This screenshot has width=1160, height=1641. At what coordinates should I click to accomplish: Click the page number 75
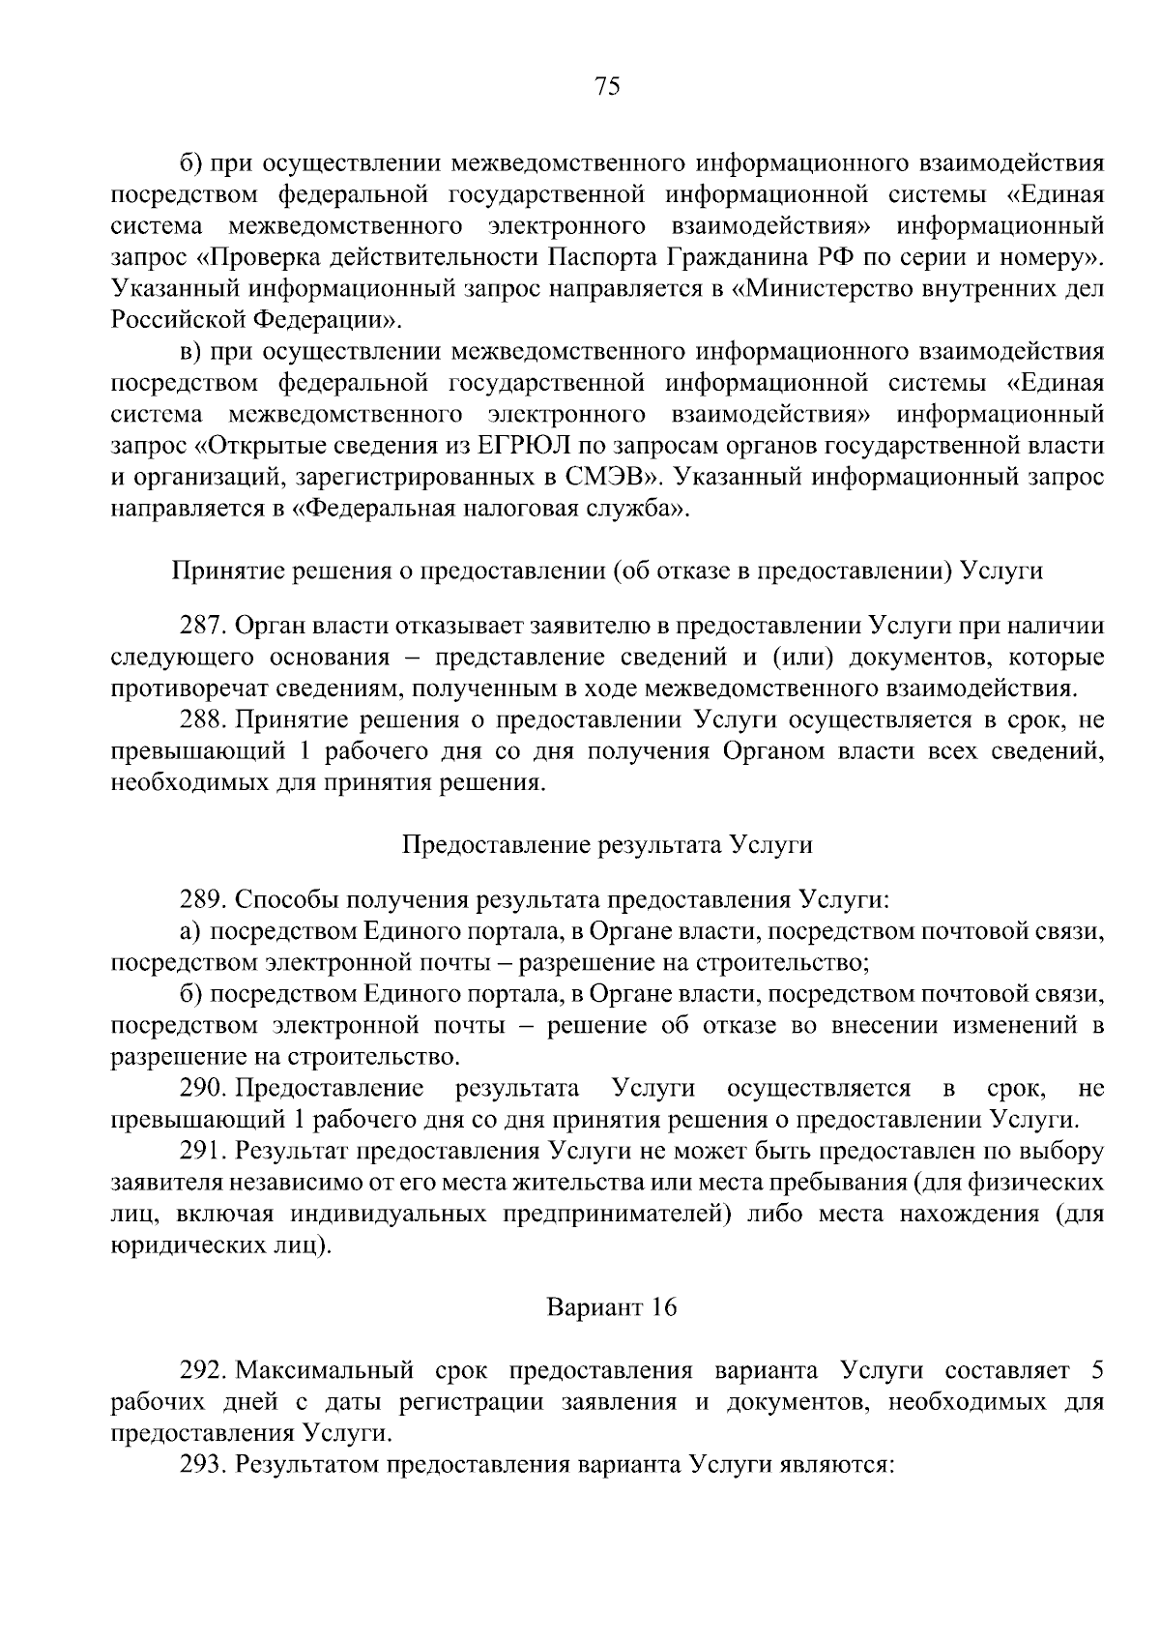606,87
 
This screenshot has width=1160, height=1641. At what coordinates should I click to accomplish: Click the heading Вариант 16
611,1308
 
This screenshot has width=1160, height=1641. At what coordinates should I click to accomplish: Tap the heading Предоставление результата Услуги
607,845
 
